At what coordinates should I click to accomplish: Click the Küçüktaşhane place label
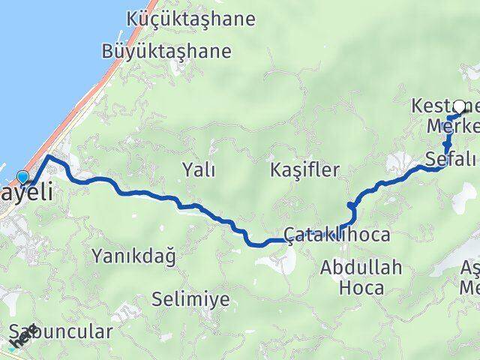pyautogui.click(x=191, y=18)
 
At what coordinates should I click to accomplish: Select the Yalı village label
pyautogui.click(x=199, y=170)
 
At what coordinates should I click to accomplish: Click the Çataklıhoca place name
pyautogui.click(x=337, y=235)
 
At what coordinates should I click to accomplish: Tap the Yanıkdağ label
pyautogui.click(x=133, y=256)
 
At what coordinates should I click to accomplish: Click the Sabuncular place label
pyautogui.click(x=63, y=331)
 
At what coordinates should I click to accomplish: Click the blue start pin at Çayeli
pyautogui.click(x=22, y=178)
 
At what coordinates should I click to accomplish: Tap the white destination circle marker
pyautogui.click(x=460, y=106)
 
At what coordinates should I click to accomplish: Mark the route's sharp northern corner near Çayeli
pyautogui.click(x=49, y=156)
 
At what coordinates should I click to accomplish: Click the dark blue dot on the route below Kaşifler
pyautogui.click(x=350, y=204)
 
